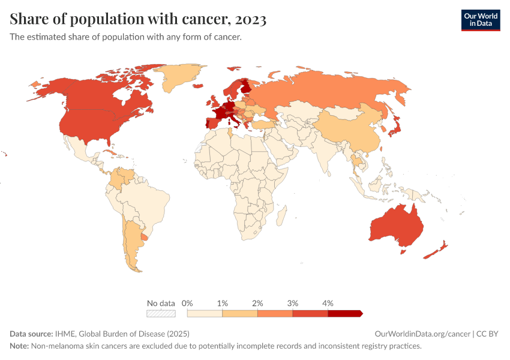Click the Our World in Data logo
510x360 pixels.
pos(480,20)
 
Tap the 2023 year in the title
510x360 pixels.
pos(251,19)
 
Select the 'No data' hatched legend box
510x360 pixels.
pos(161,313)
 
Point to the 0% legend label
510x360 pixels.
pos(187,303)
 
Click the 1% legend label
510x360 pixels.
pos(222,303)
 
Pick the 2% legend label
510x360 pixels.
pos(257,303)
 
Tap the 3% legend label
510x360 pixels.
pos(293,303)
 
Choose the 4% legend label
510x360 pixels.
pos(328,303)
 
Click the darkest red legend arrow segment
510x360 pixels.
pos(345,313)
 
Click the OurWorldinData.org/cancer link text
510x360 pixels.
pos(422,334)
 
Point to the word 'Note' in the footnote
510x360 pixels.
pos(20,346)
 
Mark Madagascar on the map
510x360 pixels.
pos(282,215)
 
